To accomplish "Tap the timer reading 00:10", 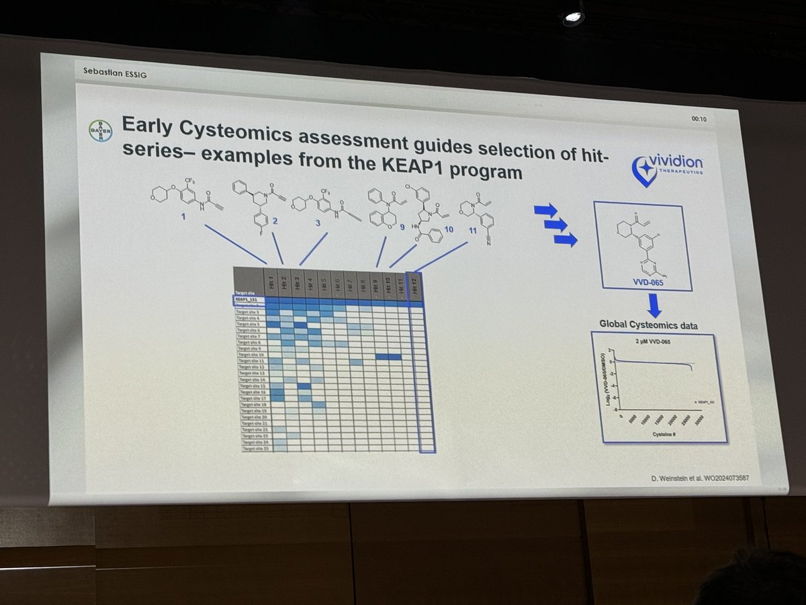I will point(700,119).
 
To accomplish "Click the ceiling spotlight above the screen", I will point(573,18).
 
